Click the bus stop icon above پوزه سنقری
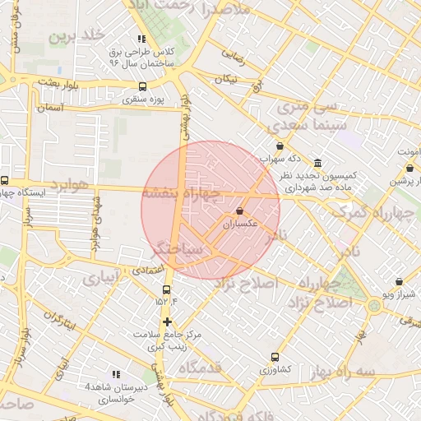(x=143, y=86)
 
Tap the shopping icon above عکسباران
(x=239, y=211)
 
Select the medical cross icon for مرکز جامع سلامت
(x=168, y=322)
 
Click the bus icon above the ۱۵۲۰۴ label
(x=167, y=290)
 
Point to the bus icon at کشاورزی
(x=275, y=357)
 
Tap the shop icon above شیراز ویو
(x=400, y=281)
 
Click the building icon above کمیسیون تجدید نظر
(x=318, y=162)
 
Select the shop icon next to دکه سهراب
(x=280, y=146)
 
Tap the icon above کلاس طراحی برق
(x=142, y=39)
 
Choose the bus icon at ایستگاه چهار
(x=5, y=181)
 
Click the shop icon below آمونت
(x=409, y=168)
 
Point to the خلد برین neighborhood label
(x=78, y=36)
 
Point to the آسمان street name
(x=49, y=108)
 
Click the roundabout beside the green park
(x=374, y=307)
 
